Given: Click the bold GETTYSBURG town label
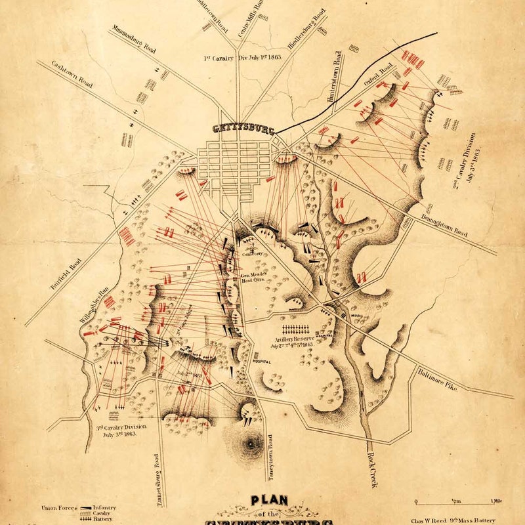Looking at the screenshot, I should tap(244, 129).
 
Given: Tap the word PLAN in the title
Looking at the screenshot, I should tap(270, 501).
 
